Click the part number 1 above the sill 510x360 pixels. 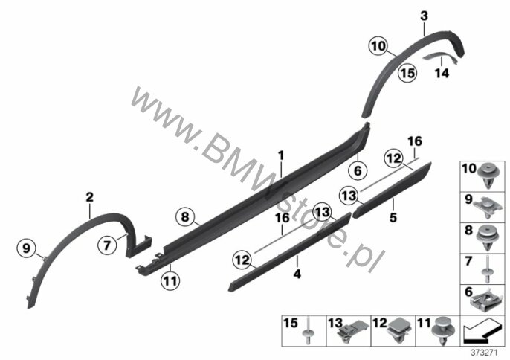click(x=281, y=155)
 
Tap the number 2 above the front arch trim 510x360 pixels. click(x=89, y=197)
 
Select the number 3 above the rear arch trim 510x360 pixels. click(x=424, y=16)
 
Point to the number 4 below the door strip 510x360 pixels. click(x=297, y=274)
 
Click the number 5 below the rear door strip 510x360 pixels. click(x=393, y=217)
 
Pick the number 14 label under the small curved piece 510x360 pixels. click(x=442, y=73)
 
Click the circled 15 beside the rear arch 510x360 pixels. click(x=407, y=73)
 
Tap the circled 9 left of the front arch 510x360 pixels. click(x=26, y=248)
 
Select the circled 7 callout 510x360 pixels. click(x=107, y=245)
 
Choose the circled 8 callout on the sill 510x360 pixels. click(x=185, y=216)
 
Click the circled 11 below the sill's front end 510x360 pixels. click(x=170, y=280)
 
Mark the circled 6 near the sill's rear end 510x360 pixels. click(x=358, y=170)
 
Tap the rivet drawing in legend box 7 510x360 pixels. click(x=487, y=269)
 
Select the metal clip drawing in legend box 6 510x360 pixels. click(x=486, y=301)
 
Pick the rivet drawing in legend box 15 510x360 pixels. click(x=308, y=331)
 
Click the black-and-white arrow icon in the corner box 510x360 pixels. click(x=482, y=331)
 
